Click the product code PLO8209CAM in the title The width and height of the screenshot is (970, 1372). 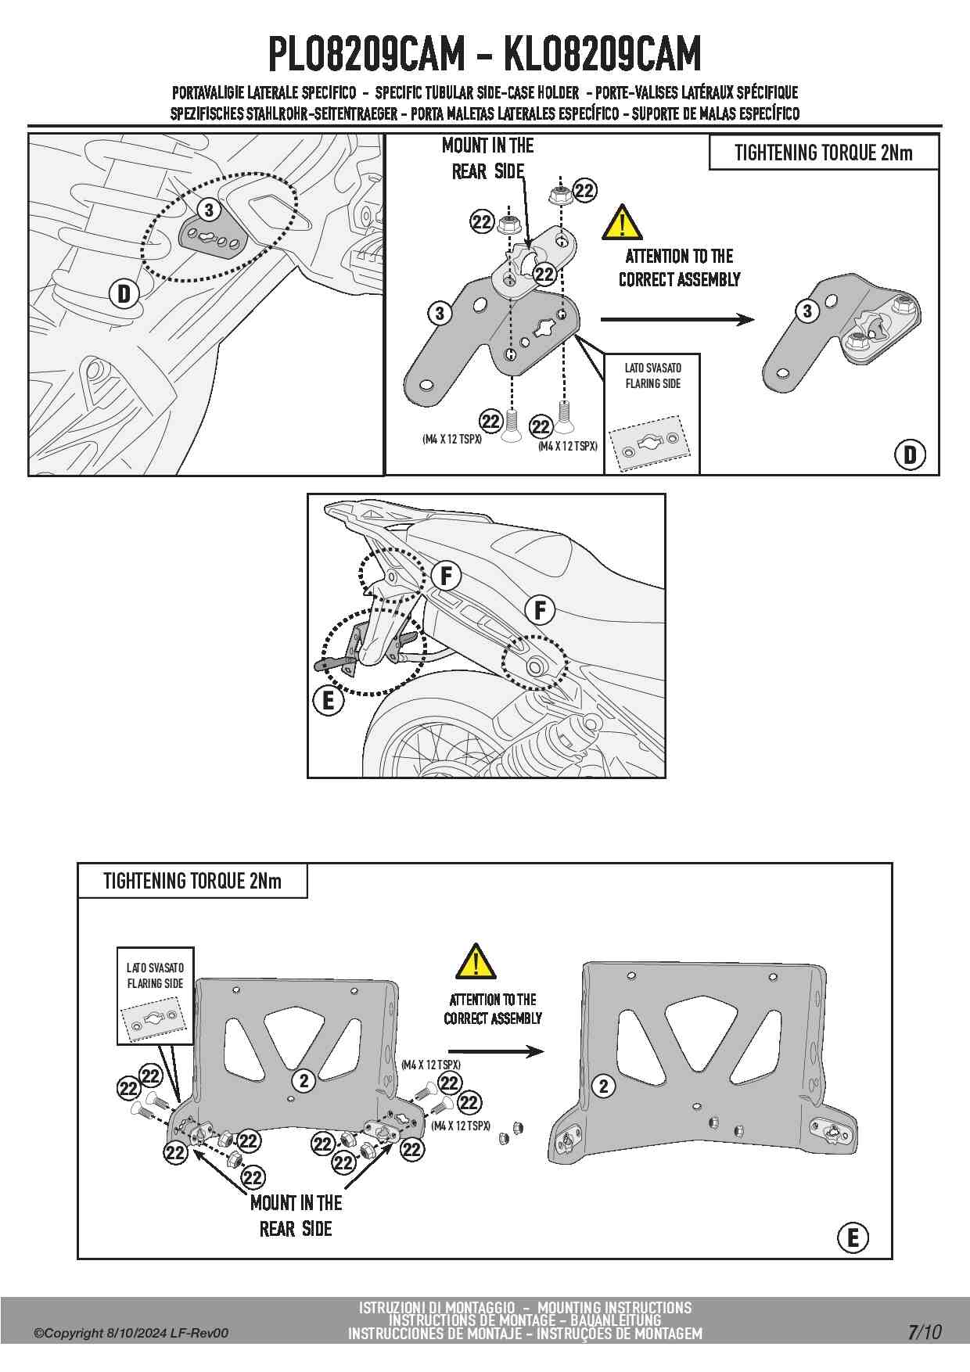tap(366, 54)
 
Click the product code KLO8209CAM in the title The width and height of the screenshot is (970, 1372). tap(602, 54)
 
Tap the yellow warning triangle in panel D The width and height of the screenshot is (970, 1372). tap(622, 223)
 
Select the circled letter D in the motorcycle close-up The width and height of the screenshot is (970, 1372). tap(124, 294)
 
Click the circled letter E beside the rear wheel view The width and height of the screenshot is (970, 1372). tap(328, 700)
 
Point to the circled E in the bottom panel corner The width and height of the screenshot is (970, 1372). tap(853, 1237)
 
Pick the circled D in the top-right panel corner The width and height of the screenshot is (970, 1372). tap(910, 454)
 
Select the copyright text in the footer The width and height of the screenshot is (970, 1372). tap(131, 1333)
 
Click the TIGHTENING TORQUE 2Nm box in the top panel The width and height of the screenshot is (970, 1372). tap(823, 153)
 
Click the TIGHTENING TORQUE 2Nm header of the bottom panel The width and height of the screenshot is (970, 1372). tap(192, 882)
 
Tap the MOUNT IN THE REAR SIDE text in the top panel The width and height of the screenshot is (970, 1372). tap(488, 158)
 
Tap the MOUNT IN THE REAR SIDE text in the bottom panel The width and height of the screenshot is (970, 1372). tap(296, 1216)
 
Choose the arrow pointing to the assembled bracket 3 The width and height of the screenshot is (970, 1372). tap(677, 319)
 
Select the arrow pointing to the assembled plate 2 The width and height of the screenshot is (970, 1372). tap(496, 1052)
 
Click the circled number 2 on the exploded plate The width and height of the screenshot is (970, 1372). tap(304, 1081)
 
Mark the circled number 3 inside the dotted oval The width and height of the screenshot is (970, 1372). tap(208, 210)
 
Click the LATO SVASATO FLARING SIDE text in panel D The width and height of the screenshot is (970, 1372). tap(652, 375)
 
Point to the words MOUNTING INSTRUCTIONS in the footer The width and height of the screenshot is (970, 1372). tap(614, 1307)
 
